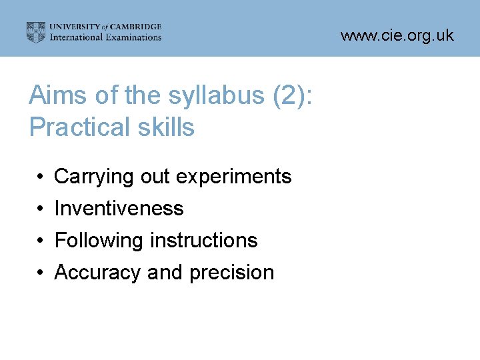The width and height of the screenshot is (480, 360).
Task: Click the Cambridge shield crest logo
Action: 36,32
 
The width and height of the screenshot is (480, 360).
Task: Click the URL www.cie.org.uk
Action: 397,35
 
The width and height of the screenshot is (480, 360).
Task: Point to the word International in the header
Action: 75,37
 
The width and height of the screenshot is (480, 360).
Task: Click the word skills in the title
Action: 166,127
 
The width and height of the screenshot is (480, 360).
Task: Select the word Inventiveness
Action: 119,209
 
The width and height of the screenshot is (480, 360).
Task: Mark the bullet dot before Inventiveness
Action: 41,209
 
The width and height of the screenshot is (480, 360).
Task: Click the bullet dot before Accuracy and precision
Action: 41,273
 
